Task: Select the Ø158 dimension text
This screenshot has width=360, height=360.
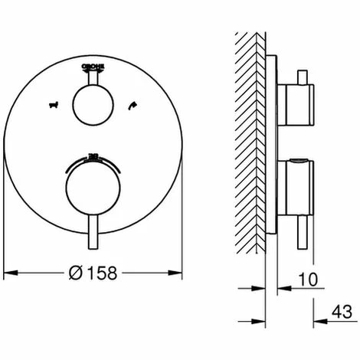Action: pyautogui.click(x=95, y=272)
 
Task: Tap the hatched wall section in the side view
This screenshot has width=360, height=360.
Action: pyautogui.click(x=247, y=138)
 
